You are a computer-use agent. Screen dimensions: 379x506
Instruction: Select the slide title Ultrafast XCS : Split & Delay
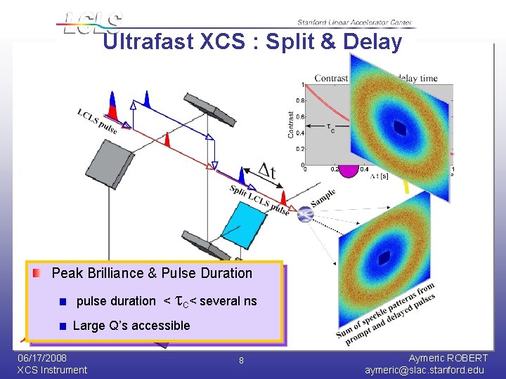click(252, 42)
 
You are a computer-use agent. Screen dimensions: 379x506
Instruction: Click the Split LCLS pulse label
click(259, 200)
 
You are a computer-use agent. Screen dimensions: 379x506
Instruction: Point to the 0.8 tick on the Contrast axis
click(299, 101)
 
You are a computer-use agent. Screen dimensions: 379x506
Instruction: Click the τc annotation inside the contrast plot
click(330, 128)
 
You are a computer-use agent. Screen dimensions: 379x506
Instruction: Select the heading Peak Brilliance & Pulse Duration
click(152, 273)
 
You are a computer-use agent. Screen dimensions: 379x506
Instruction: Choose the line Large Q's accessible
click(131, 325)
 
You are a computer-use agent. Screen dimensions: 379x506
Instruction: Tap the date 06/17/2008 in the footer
click(42, 358)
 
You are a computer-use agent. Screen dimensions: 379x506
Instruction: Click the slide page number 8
click(240, 360)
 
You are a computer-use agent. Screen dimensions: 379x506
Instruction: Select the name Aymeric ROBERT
click(448, 358)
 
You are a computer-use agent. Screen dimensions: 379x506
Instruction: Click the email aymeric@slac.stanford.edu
click(424, 370)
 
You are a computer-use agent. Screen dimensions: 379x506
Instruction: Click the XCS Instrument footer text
click(52, 370)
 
